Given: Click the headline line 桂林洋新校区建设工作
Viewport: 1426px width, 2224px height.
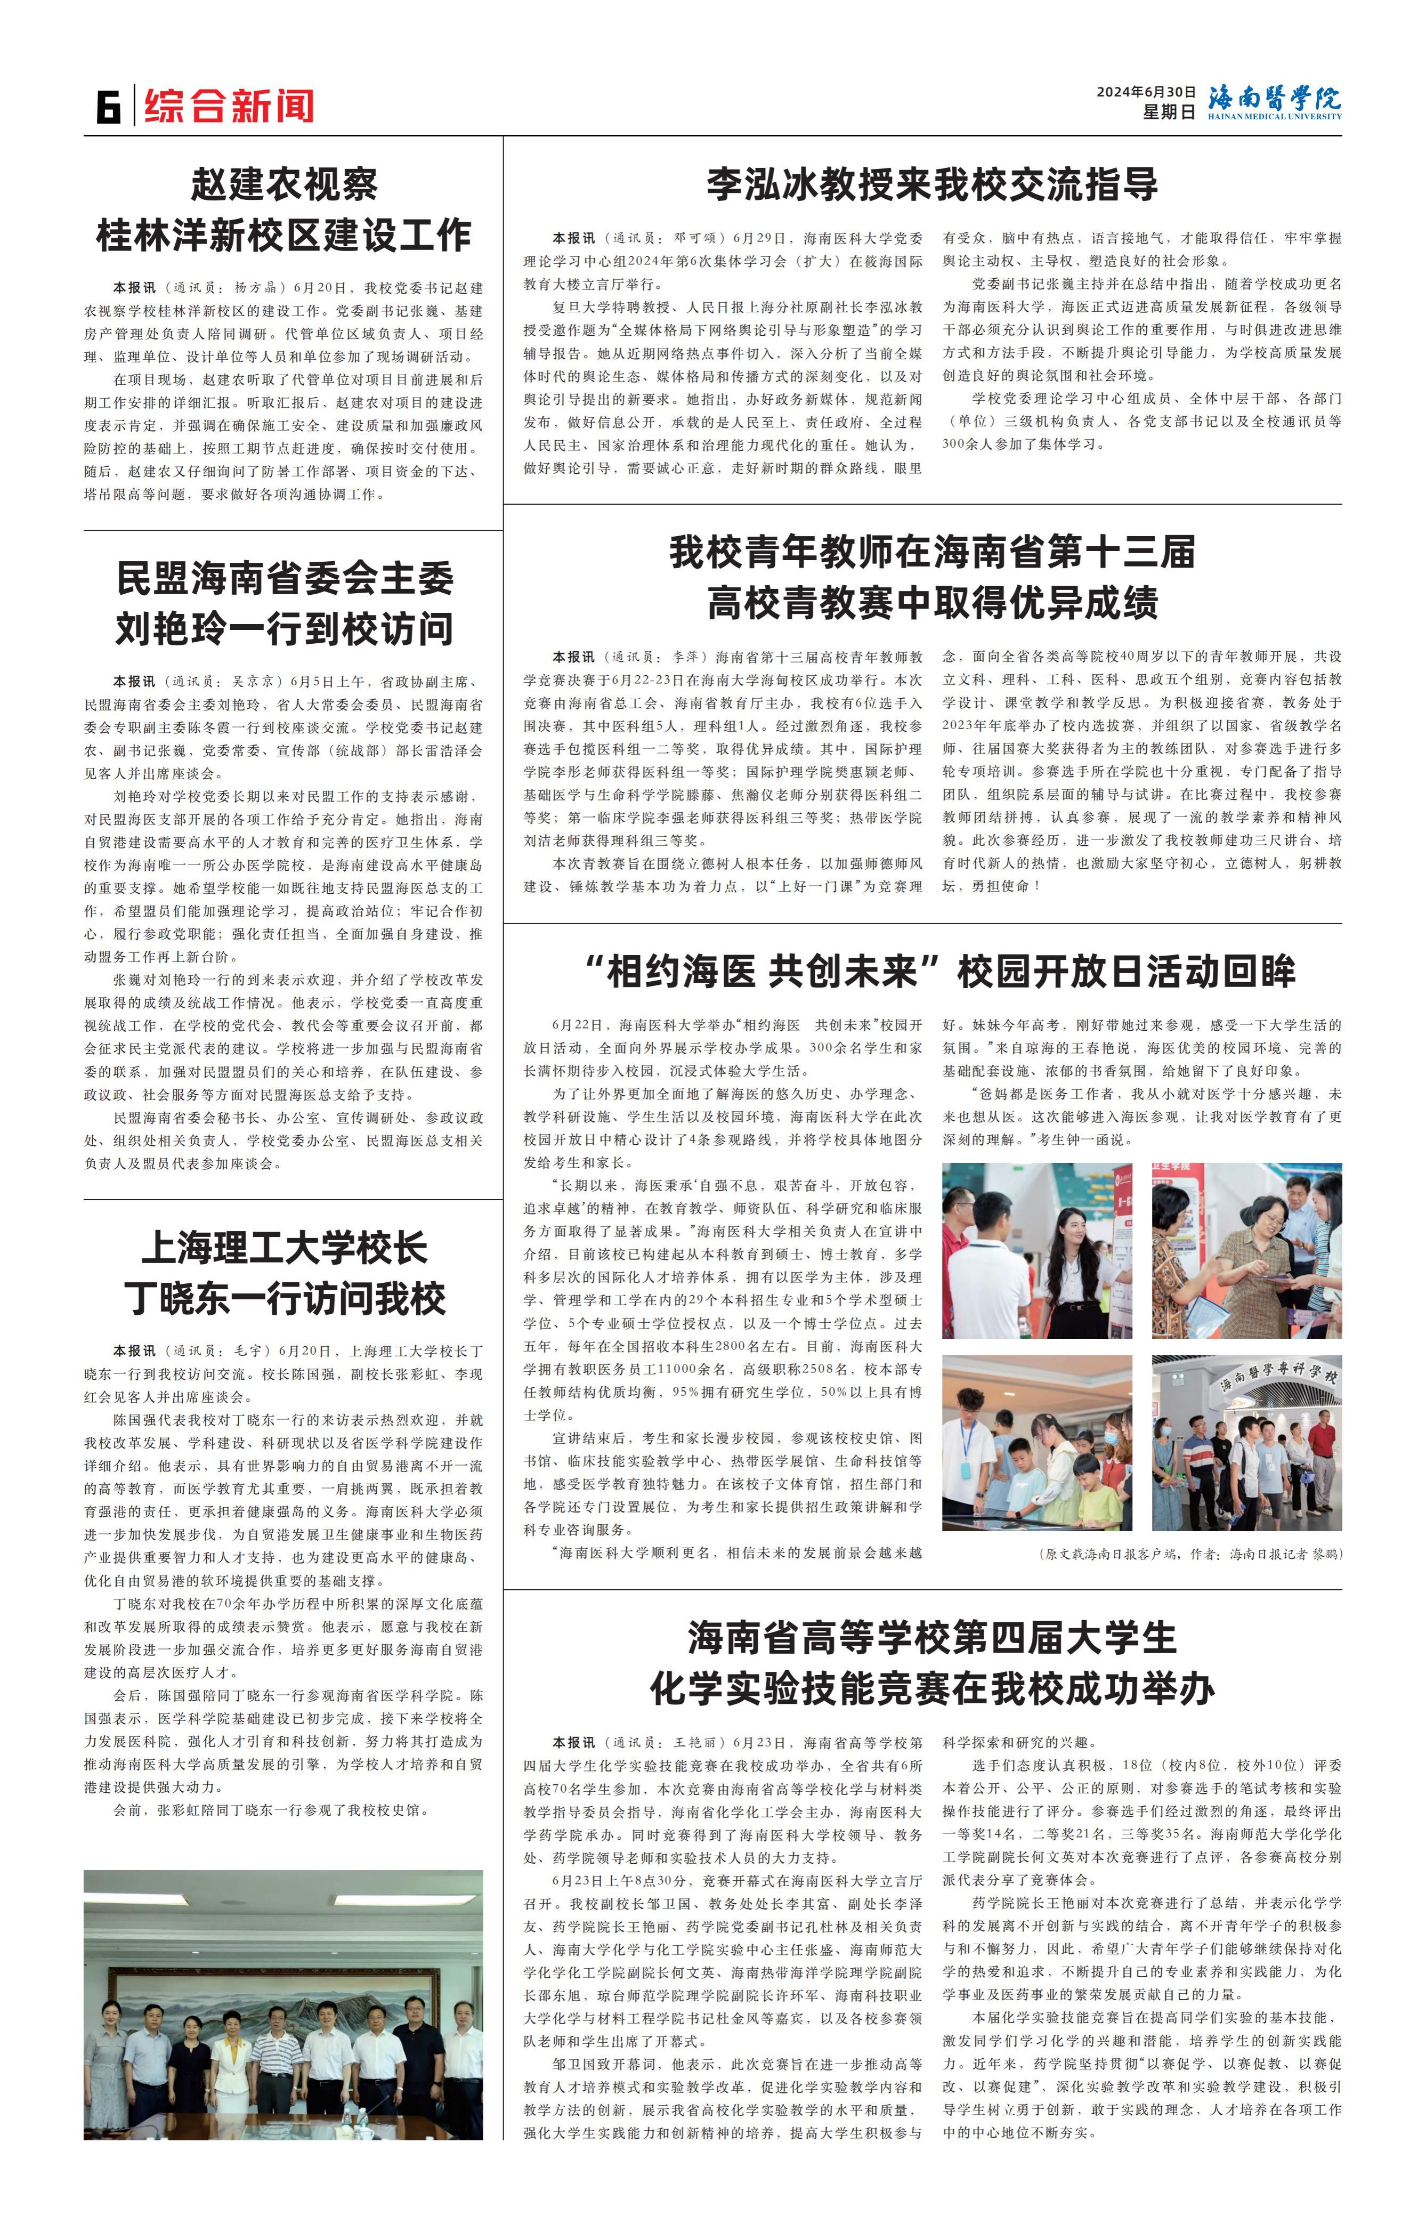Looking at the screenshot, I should (x=283, y=235).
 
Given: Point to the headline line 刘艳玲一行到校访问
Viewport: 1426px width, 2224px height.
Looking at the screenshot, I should (x=283, y=629).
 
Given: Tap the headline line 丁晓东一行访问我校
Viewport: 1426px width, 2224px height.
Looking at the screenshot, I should (x=283, y=1299).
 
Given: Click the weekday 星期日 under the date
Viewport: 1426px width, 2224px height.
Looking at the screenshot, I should (x=1169, y=112).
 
